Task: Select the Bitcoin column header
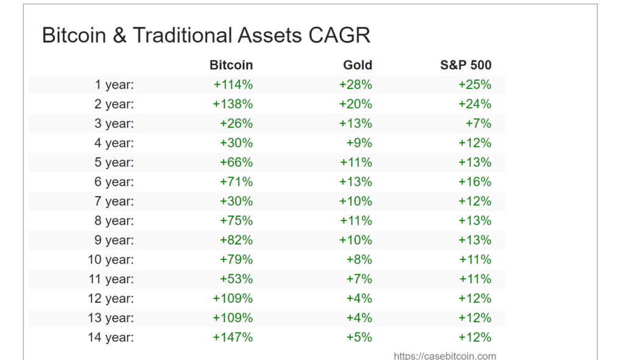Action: click(231, 65)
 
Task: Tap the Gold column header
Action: click(357, 65)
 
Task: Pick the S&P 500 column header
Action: click(466, 65)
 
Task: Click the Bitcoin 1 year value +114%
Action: click(233, 85)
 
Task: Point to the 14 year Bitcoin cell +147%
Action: click(233, 337)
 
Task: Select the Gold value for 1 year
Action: click(355, 85)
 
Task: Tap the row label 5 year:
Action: click(114, 162)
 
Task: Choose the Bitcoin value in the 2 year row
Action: click(233, 104)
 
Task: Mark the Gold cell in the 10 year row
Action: click(359, 259)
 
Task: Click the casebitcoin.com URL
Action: click(444, 356)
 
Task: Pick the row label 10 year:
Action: click(111, 259)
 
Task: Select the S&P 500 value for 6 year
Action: click(475, 182)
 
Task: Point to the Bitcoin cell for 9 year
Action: click(236, 240)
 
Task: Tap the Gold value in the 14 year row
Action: click(359, 337)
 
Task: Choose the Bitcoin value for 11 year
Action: click(236, 279)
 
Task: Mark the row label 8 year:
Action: click(114, 221)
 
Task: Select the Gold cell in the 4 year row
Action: click(359, 143)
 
